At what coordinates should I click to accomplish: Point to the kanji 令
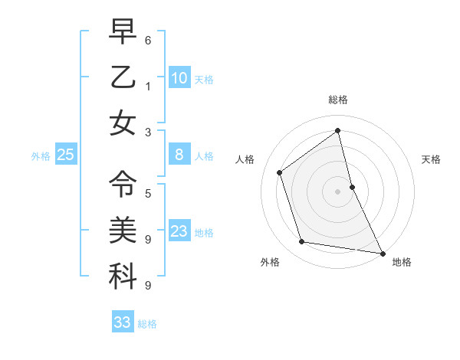tap(123, 183)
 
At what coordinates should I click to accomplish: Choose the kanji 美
tap(123, 230)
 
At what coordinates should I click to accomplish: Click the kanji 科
tap(123, 277)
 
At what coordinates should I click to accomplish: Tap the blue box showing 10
tap(179, 77)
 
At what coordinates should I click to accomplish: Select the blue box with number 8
tap(179, 155)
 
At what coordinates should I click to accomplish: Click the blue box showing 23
tap(179, 231)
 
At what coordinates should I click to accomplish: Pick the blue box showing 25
tap(66, 155)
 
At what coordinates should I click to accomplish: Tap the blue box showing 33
tap(123, 322)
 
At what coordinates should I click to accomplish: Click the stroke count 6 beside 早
tap(148, 39)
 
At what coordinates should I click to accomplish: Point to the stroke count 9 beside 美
tap(148, 240)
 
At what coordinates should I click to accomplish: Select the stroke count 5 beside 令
tap(148, 193)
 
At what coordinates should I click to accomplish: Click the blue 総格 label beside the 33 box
tap(147, 324)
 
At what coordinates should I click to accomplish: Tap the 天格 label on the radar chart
tap(431, 159)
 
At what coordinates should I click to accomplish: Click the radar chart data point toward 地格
tap(382, 253)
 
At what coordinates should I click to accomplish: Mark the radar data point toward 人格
tap(280, 172)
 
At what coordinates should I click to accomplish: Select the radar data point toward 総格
tap(338, 131)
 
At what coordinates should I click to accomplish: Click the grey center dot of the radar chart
tap(337, 191)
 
